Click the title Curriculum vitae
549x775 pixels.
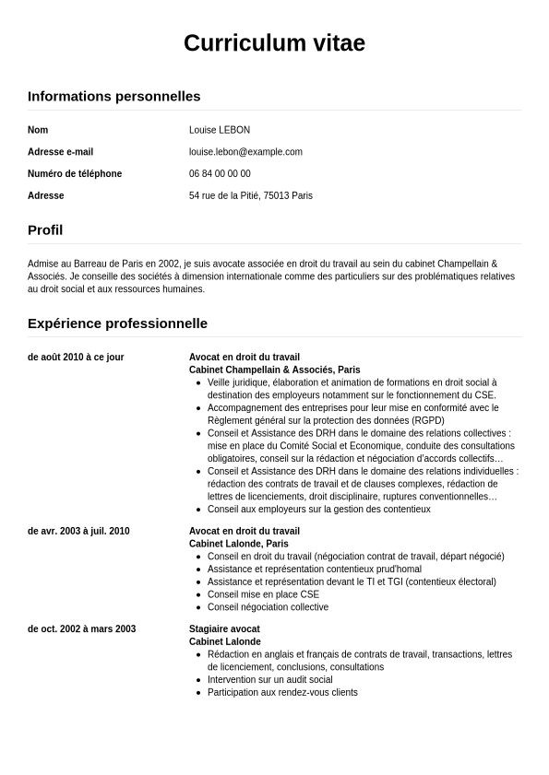[274, 43]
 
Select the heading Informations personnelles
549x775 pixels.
[113, 96]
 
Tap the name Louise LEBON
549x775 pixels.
[220, 130]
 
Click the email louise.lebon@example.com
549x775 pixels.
[245, 152]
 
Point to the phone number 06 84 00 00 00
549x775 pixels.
[220, 174]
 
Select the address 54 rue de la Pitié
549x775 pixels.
[251, 196]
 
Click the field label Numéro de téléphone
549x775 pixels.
[75, 174]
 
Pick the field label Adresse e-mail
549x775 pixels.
[60, 152]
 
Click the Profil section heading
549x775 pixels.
[45, 230]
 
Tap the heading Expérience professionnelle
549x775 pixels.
[117, 323]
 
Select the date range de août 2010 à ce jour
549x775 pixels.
[76, 358]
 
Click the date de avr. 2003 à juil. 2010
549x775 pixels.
[78, 532]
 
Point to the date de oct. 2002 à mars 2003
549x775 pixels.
[81, 629]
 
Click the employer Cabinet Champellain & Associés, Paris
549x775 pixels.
[274, 370]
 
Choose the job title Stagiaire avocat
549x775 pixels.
[224, 629]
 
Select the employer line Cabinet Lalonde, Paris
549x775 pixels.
[238, 545]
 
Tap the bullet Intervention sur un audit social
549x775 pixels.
[269, 680]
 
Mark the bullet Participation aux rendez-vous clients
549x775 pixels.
[282, 693]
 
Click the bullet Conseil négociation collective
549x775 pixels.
[268, 608]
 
